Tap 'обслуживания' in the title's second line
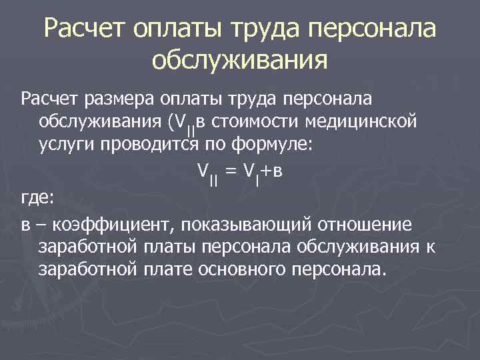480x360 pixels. (x=240, y=61)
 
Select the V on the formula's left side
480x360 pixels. (x=202, y=171)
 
